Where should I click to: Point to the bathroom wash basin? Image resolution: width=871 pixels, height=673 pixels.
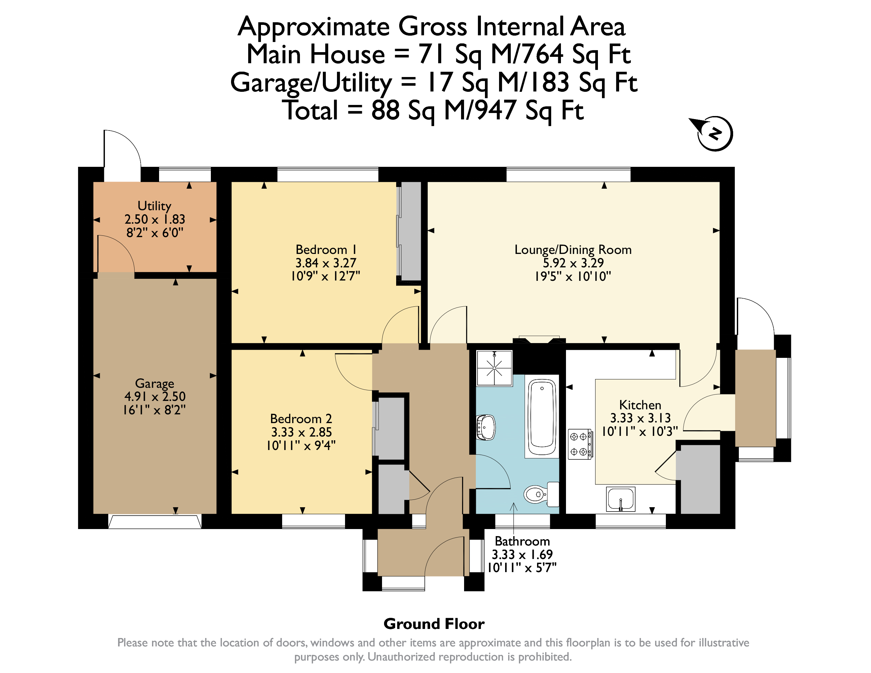click(485, 427)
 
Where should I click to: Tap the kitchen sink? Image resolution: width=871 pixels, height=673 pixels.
click(620, 499)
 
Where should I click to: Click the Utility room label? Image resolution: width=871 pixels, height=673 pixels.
click(154, 206)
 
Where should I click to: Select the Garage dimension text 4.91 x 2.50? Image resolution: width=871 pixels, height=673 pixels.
click(155, 397)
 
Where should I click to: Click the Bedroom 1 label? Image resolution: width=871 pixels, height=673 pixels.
click(326, 250)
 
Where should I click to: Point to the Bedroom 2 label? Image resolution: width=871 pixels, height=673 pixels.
click(301, 419)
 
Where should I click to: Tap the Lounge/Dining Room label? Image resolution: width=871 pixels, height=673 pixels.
click(573, 250)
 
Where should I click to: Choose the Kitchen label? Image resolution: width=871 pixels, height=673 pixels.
click(640, 405)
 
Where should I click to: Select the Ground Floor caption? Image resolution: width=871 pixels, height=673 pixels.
click(434, 624)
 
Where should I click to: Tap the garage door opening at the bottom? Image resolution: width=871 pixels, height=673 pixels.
click(155, 522)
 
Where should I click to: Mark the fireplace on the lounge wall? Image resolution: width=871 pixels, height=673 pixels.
click(539, 340)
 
